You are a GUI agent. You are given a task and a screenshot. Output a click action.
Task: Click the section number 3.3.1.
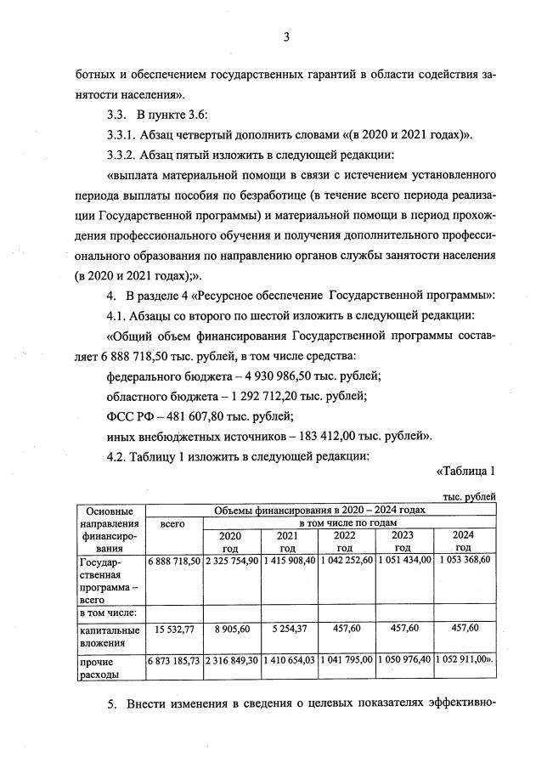pyautogui.click(x=122, y=135)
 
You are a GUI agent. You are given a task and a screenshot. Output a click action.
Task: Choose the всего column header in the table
pyautogui.click(x=173, y=524)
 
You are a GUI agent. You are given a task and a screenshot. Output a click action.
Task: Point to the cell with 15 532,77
pyautogui.click(x=173, y=629)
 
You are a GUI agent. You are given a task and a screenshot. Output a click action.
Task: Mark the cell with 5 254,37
pyautogui.click(x=288, y=629)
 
